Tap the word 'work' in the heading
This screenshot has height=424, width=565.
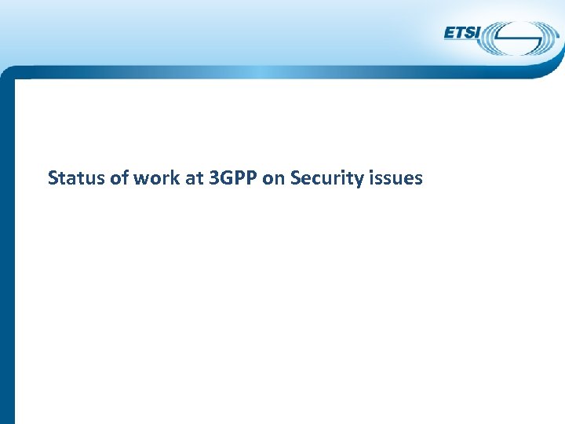click(155, 178)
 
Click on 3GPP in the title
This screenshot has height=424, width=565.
click(231, 178)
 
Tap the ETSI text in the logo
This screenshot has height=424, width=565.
click(463, 33)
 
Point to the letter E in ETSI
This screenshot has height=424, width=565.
click(450, 33)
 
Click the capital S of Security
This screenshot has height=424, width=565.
click(295, 178)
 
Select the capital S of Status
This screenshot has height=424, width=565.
click(53, 178)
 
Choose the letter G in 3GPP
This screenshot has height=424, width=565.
click(224, 178)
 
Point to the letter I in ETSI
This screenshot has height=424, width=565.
click(479, 33)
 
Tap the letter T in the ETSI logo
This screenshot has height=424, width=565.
click(459, 33)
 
